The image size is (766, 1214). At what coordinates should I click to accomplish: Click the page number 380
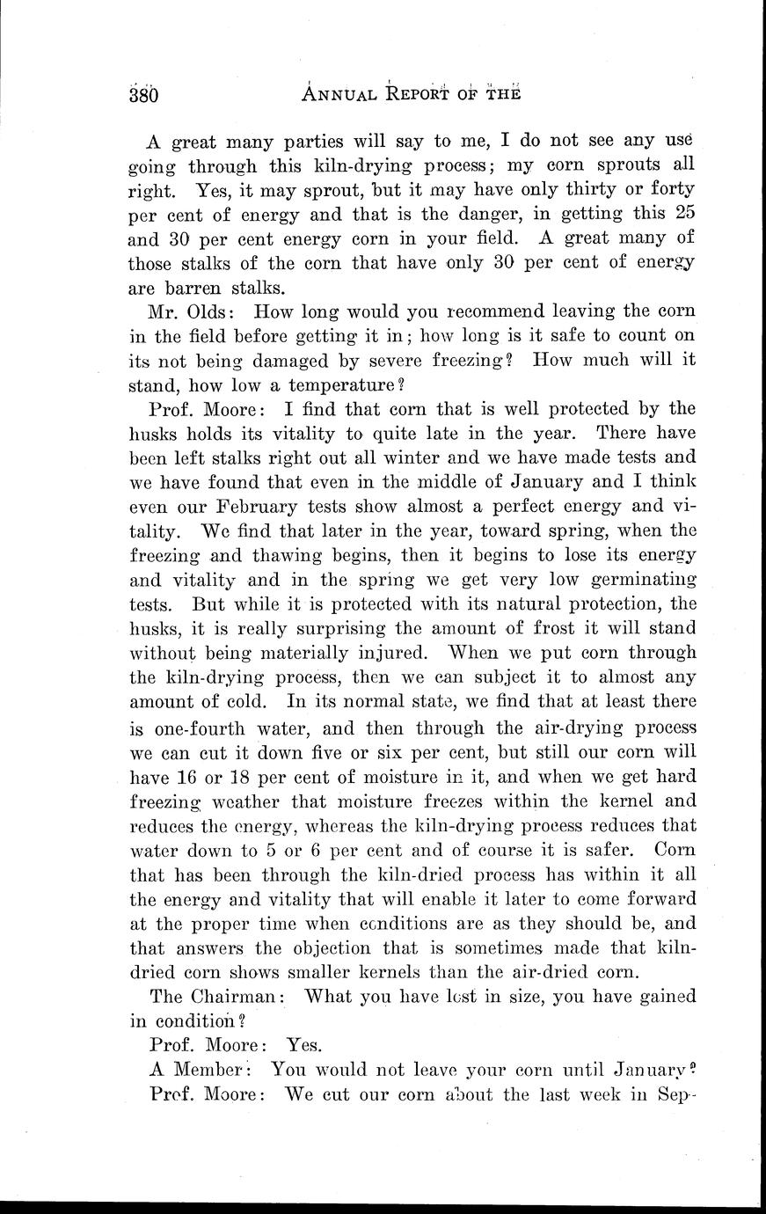(142, 94)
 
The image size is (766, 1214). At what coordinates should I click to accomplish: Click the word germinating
(641, 581)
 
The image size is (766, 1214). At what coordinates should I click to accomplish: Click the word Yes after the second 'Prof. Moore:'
(304, 1045)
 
